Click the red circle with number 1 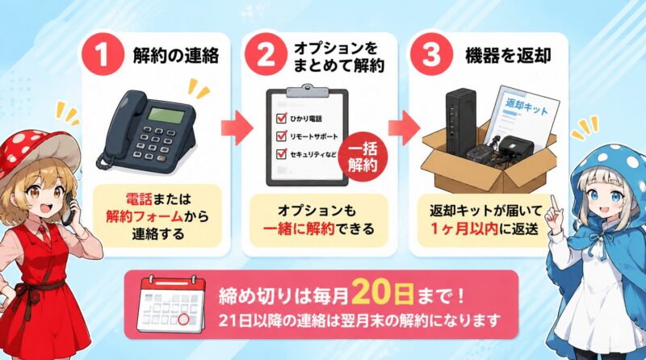pyautogui.click(x=103, y=54)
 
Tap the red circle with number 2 pyautogui.click(x=266, y=55)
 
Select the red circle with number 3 pyautogui.click(x=431, y=55)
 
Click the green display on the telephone pyautogui.click(x=166, y=114)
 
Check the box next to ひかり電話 pyautogui.click(x=281, y=118)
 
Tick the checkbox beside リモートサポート pyautogui.click(x=281, y=136)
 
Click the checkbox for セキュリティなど pyautogui.click(x=281, y=154)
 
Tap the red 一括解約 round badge pyautogui.click(x=362, y=157)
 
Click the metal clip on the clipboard pyautogui.click(x=307, y=91)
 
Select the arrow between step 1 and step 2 pyautogui.click(x=236, y=128)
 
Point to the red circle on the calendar pyautogui.click(x=183, y=319)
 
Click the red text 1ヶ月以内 pyautogui.click(x=464, y=228)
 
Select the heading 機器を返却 pyautogui.click(x=509, y=56)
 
